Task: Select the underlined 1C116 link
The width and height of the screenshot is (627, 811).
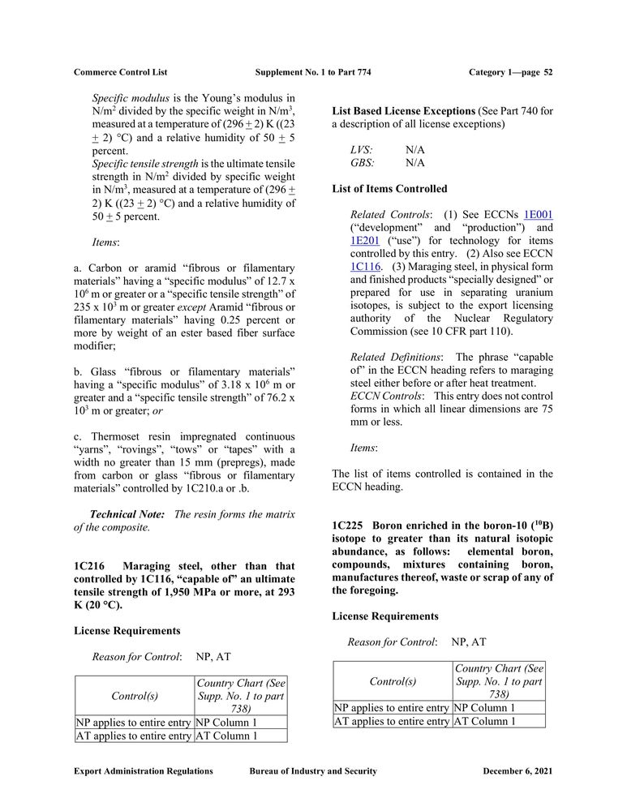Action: pyautogui.click(x=366, y=266)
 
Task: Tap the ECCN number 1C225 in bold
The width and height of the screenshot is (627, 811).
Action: pyautogui.click(x=346, y=526)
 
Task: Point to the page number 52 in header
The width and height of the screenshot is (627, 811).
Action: pyautogui.click(x=548, y=72)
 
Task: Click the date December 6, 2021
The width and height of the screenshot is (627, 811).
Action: pyautogui.click(x=517, y=771)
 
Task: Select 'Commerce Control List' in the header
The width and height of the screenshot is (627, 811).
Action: pyautogui.click(x=120, y=72)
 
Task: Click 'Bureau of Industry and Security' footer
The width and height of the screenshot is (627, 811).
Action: pyautogui.click(x=313, y=771)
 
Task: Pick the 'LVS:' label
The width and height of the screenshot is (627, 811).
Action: pyautogui.click(x=362, y=150)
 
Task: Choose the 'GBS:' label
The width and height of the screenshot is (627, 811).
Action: pyautogui.click(x=363, y=163)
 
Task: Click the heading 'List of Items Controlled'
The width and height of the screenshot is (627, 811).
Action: pyautogui.click(x=389, y=189)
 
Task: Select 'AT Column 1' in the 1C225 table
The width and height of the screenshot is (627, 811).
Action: pyautogui.click(x=485, y=721)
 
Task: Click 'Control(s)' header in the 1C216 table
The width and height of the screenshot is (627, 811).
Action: pyautogui.click(x=134, y=696)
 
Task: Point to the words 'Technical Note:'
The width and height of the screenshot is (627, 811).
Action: pyautogui.click(x=127, y=514)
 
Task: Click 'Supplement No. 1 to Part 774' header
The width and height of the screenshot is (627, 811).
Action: pyautogui.click(x=313, y=72)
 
